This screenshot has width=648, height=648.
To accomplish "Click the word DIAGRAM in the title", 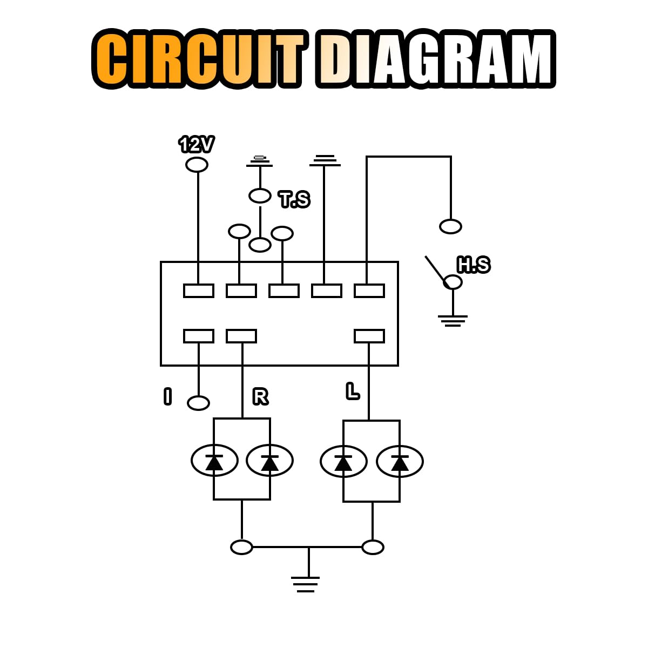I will (x=435, y=59).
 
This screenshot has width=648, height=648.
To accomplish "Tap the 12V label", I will (x=196, y=145).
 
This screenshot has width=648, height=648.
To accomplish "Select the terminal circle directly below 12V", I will (x=197, y=164).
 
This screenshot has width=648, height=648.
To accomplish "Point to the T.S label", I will (x=294, y=200).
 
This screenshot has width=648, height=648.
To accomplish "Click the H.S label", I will (x=474, y=265).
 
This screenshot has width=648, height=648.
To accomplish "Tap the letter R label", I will (x=260, y=397).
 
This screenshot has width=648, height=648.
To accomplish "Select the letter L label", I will (x=353, y=391).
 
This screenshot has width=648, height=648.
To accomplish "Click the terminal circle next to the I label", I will (x=198, y=403).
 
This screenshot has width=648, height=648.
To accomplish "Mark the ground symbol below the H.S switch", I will (x=453, y=321).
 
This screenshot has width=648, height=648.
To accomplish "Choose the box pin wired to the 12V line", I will (x=198, y=291).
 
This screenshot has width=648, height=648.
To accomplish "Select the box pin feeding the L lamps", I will (x=369, y=336).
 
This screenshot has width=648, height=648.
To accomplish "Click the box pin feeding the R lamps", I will (x=241, y=336).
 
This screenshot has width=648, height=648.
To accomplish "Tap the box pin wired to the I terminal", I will (x=198, y=336).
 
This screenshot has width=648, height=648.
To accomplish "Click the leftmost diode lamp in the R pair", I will (x=214, y=461).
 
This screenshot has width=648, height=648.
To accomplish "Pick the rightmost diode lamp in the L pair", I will (x=400, y=462).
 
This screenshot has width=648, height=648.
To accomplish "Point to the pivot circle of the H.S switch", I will (x=453, y=282).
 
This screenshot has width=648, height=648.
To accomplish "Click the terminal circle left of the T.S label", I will (x=260, y=195).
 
